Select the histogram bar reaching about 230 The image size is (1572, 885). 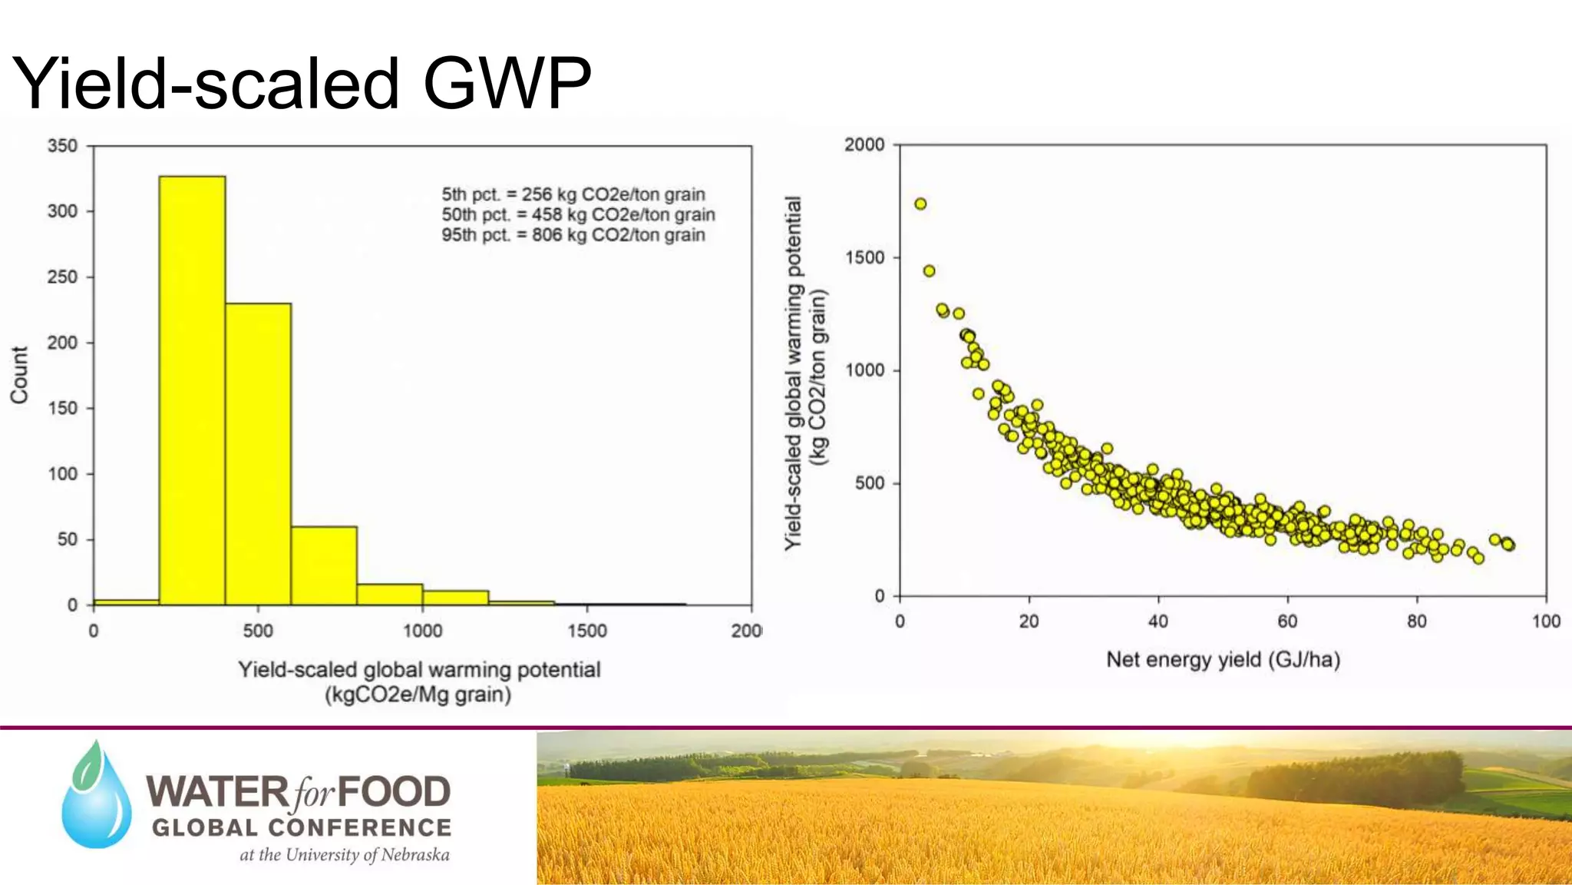pyautogui.click(x=258, y=453)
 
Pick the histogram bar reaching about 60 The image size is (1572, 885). pyautogui.click(x=324, y=565)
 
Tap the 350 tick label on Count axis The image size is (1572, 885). pyautogui.click(x=62, y=146)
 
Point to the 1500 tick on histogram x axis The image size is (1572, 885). pyautogui.click(x=587, y=631)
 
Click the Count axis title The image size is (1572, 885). pyautogui.click(x=19, y=374)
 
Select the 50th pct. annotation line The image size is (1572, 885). pyautogui.click(x=577, y=215)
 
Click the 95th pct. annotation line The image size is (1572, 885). pyautogui.click(x=573, y=235)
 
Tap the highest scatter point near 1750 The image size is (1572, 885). pyautogui.click(x=920, y=204)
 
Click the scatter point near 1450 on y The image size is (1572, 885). pyautogui.click(x=929, y=270)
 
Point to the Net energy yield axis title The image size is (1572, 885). pyautogui.click(x=1222, y=660)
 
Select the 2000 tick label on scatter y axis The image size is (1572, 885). pyautogui.click(x=864, y=144)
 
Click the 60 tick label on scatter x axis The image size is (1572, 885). pyautogui.click(x=1287, y=621)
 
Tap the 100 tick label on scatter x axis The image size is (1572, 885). pyautogui.click(x=1545, y=621)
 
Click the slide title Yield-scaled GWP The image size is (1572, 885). pyautogui.click(x=302, y=83)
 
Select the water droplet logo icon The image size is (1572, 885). pyautogui.click(x=97, y=795)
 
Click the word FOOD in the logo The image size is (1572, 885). pyautogui.click(x=394, y=792)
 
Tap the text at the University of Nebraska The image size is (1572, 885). pyautogui.click(x=344, y=855)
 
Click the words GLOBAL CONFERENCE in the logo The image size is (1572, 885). pyautogui.click(x=302, y=827)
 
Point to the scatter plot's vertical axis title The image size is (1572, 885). pyautogui.click(x=804, y=373)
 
